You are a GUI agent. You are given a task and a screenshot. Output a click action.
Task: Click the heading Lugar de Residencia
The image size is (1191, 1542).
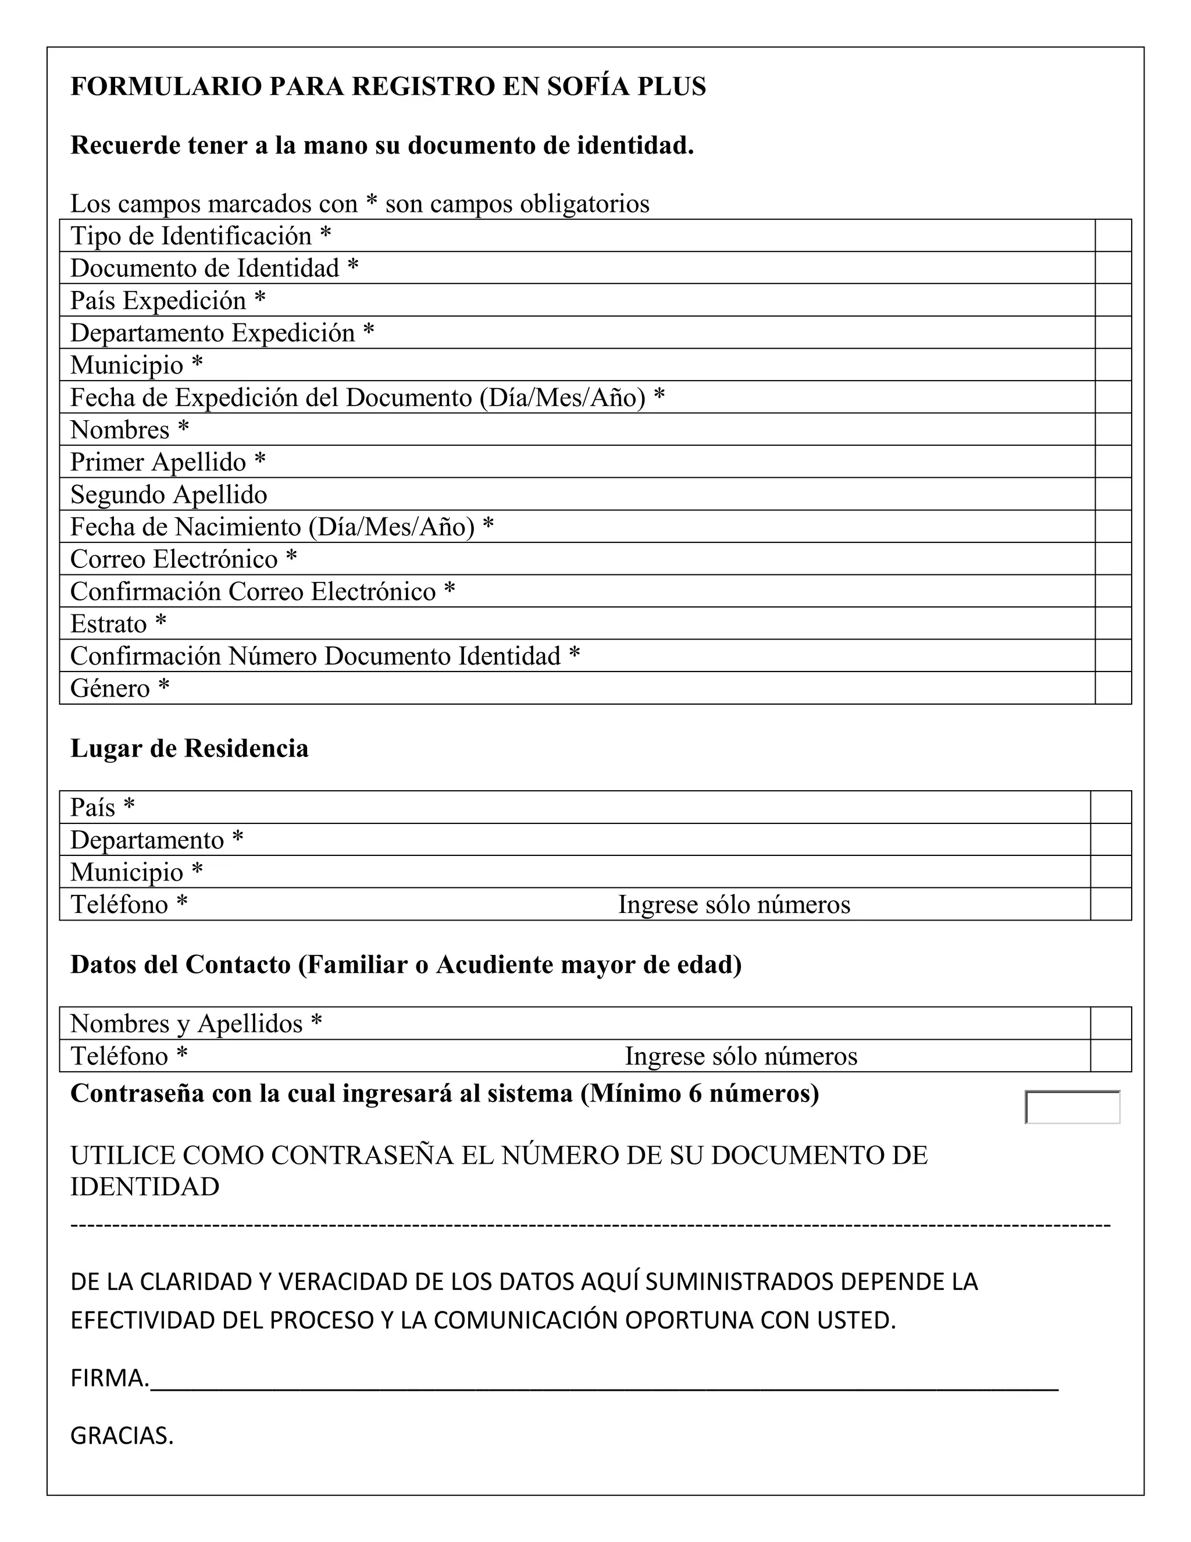[x=189, y=748]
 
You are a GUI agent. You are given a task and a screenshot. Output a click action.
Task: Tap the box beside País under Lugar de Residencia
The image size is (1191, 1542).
[x=1111, y=807]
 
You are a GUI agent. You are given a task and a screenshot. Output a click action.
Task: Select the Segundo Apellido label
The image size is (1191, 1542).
[x=169, y=494]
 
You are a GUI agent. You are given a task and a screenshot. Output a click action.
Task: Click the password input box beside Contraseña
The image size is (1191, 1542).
[x=1072, y=1107]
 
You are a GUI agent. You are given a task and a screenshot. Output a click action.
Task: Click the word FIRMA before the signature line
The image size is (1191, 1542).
[x=109, y=1377]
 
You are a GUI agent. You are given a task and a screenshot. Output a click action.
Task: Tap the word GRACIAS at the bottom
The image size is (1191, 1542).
[x=122, y=1436]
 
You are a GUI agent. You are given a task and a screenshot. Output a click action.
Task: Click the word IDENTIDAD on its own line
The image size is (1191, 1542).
[x=145, y=1187]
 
